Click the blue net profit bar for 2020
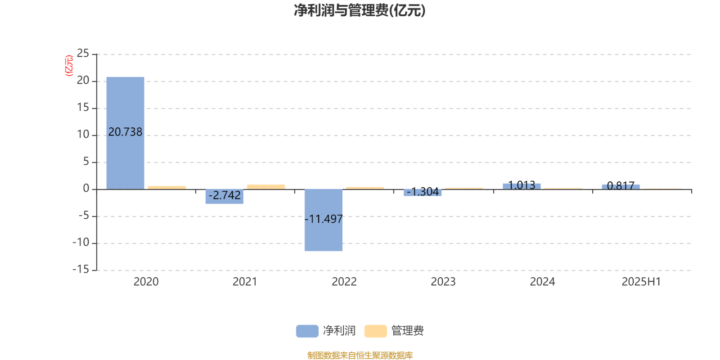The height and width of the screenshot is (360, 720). [126, 133]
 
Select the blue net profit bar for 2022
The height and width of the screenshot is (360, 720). [324, 220]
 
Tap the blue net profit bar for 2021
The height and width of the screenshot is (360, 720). [225, 196]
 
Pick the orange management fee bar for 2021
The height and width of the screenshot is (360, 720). [266, 187]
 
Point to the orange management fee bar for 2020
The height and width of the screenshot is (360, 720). [167, 188]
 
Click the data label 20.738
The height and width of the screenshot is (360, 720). [126, 132]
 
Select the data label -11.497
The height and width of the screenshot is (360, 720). [324, 219]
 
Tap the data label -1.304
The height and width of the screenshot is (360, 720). [423, 192]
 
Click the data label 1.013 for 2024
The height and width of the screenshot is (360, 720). [522, 185]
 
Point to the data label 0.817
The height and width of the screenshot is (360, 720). [621, 186]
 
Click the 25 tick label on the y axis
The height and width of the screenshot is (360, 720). [83, 54]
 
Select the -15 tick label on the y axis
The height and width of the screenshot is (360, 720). [81, 270]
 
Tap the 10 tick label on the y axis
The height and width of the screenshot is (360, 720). [83, 135]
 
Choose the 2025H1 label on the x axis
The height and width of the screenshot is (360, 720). [641, 282]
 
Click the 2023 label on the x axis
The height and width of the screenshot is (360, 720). [443, 282]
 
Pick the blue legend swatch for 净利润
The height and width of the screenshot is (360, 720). [307, 331]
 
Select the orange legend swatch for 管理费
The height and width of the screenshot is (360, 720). [375, 331]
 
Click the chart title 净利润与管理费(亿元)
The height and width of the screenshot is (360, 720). [360, 11]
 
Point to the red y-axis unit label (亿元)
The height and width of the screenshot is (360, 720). [69, 66]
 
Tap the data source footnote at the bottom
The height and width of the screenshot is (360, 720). [360, 355]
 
